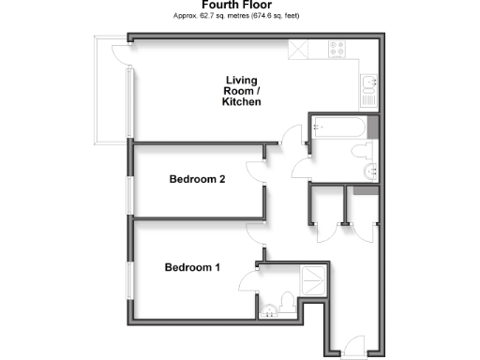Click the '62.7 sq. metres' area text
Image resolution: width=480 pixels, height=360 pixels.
224,17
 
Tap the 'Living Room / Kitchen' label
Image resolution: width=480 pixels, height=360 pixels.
241,90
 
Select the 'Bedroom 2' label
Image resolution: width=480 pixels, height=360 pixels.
196,179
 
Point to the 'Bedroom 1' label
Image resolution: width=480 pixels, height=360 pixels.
192,267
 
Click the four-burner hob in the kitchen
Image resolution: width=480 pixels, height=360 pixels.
337,50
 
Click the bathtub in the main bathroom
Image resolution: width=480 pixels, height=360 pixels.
337,125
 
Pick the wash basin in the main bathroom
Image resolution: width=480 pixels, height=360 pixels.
371,171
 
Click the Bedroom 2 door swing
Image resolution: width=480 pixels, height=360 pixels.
256,172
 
